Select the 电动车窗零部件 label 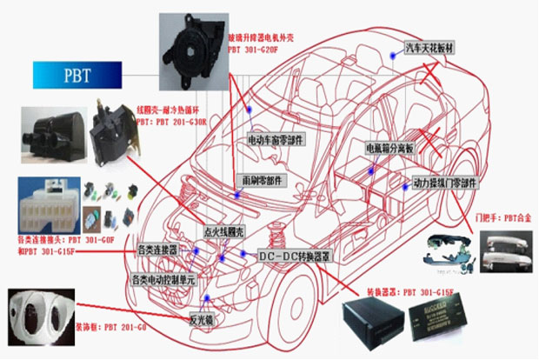(x=276, y=137)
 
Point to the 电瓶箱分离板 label (x=390, y=148)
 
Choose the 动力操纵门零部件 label (x=446, y=183)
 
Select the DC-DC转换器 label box (x=296, y=257)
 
